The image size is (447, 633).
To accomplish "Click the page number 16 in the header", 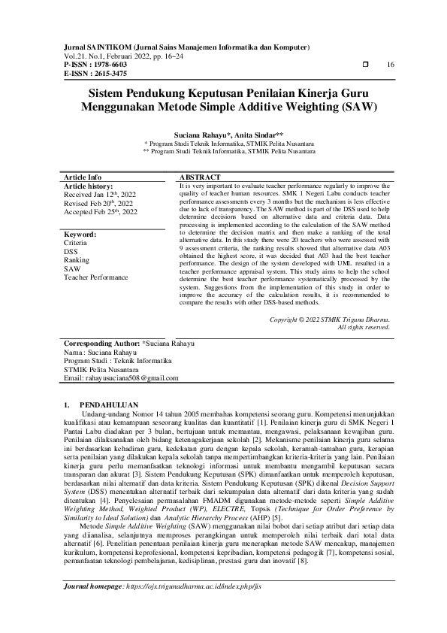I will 390,65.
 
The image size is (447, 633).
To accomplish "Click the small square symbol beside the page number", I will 366,65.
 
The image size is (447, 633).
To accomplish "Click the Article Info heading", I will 83,177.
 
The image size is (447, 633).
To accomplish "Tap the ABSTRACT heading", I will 199,177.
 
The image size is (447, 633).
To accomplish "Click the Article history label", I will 89,185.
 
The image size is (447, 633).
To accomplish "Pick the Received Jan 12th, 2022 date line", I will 101,194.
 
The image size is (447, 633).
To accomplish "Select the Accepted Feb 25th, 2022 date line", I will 101,212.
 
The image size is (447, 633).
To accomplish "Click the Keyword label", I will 80,235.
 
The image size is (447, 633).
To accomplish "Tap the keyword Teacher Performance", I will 97,277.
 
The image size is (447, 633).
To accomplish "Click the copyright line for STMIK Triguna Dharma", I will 330,320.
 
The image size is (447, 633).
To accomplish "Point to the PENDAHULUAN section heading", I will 110,404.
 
